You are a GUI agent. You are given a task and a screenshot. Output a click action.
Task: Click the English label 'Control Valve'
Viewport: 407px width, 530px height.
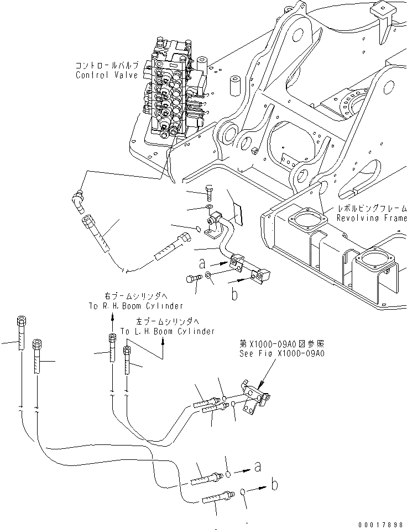[x=107, y=75]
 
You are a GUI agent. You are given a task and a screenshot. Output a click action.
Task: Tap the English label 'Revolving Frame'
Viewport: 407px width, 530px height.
[x=372, y=218]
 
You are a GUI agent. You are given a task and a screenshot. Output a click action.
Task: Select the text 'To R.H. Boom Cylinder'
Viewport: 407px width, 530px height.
[x=135, y=305]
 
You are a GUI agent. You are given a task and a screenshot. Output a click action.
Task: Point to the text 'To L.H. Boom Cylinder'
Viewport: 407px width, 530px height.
[x=167, y=331]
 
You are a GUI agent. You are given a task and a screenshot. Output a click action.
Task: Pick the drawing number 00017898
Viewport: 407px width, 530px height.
[x=381, y=524]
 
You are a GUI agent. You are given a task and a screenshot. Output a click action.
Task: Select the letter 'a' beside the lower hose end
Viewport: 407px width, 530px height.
[x=257, y=467]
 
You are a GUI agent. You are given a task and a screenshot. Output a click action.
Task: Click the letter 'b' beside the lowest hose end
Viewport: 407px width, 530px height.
[x=275, y=485]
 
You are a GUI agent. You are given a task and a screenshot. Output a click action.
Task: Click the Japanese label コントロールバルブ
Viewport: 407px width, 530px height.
[x=107, y=66]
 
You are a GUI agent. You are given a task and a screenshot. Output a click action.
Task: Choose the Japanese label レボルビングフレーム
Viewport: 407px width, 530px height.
[x=372, y=209]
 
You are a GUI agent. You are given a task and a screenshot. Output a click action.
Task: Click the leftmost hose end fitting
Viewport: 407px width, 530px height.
[x=21, y=334]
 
